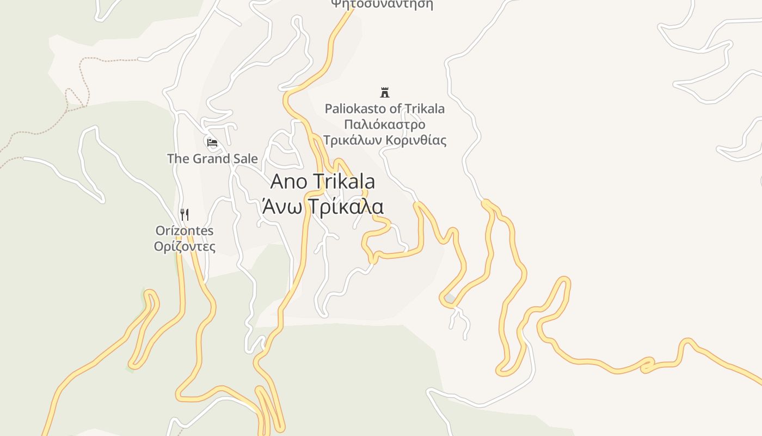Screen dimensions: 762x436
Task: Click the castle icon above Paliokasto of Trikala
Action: coord(385,92)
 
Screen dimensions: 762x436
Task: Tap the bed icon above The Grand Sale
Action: coord(212,143)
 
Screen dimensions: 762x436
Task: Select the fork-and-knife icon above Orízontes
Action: coord(185,215)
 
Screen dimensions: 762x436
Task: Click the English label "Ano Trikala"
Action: coord(322,181)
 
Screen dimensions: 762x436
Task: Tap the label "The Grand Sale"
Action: coord(212,159)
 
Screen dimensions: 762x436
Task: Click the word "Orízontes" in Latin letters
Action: coord(185,231)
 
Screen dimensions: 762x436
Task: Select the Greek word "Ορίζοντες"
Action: coord(185,246)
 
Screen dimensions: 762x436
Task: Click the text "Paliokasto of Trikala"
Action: coord(385,108)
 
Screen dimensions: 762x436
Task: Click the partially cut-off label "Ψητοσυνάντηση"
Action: coord(382,4)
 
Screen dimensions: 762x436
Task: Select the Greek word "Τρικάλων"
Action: coord(352,140)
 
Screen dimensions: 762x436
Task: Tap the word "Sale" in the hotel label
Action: coord(245,159)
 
